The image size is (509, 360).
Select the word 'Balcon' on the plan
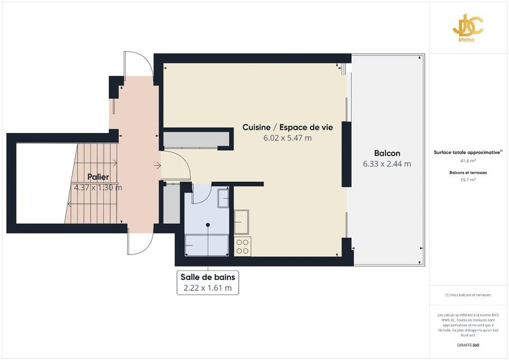click(387, 153)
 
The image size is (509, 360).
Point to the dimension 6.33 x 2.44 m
click(387, 164)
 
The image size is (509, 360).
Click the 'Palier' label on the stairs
click(98, 177)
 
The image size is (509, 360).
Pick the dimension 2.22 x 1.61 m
click(207, 289)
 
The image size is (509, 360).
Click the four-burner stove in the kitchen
click(242, 246)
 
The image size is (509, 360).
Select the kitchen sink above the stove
click(242, 223)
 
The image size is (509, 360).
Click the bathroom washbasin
click(223, 198)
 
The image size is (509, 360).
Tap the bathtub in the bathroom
click(207, 244)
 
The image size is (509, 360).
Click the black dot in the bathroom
click(208, 225)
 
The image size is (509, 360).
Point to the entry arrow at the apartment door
click(157, 167)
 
